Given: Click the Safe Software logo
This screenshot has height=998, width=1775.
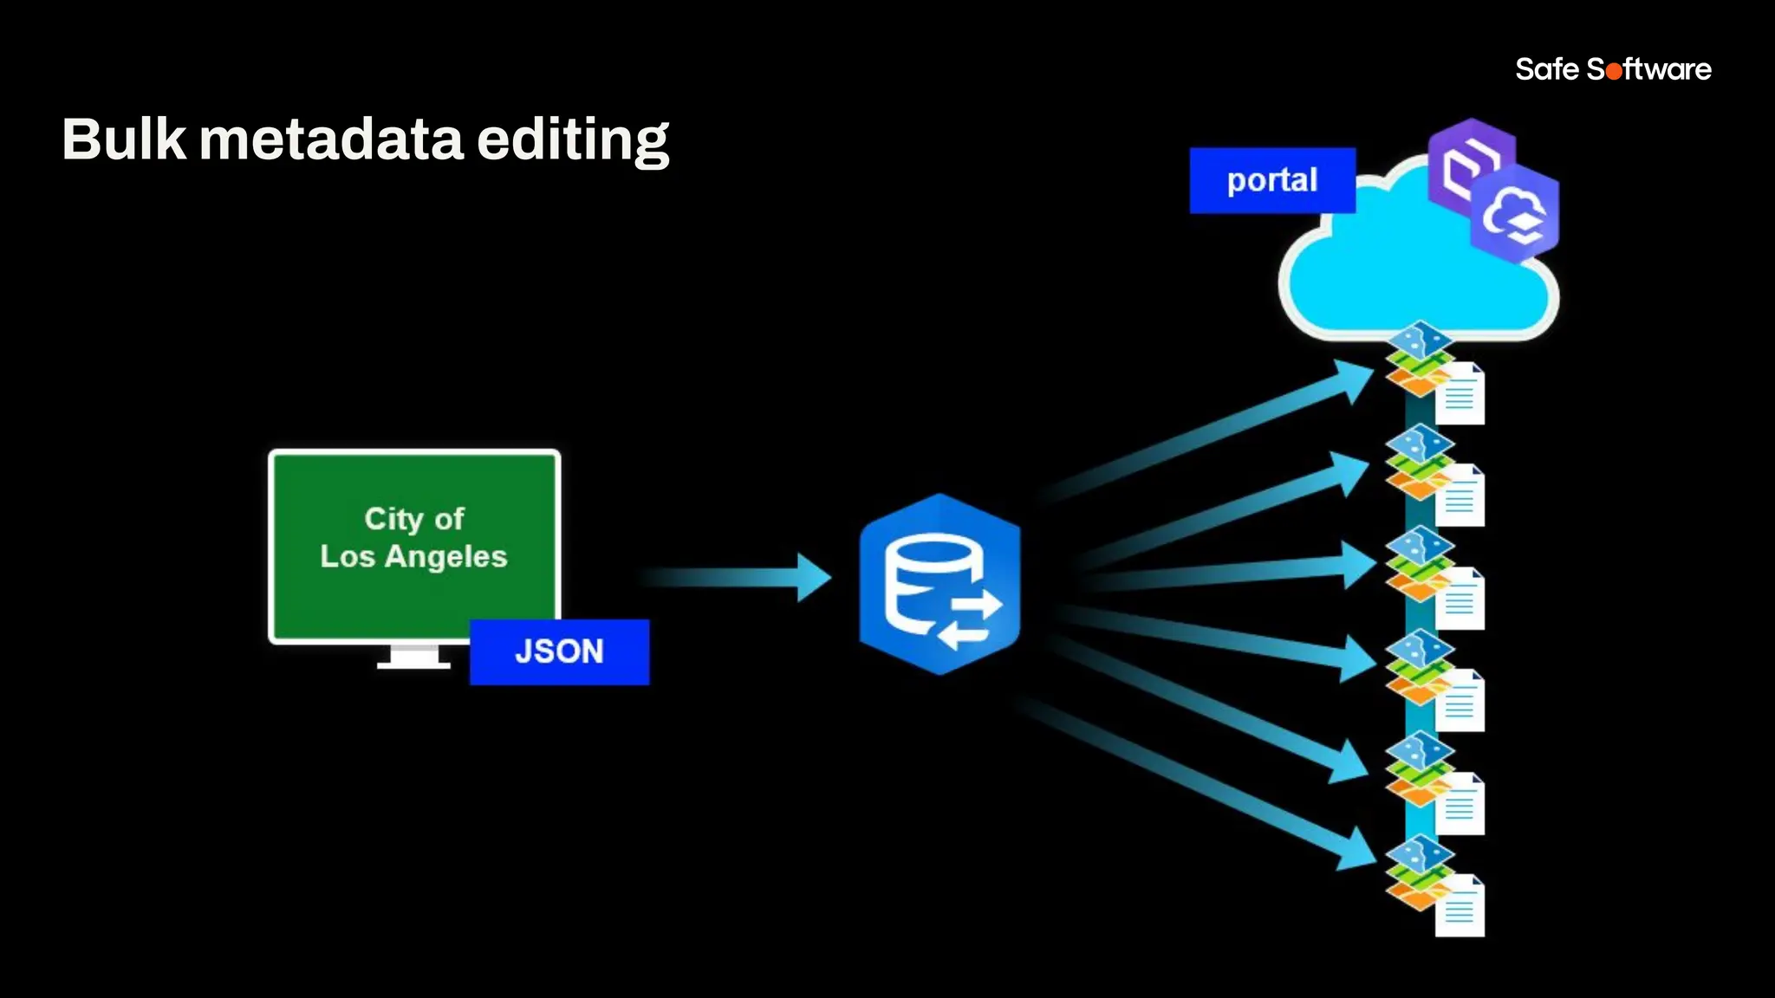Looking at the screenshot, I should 1613,69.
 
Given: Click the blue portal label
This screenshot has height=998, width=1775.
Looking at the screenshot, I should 1271,180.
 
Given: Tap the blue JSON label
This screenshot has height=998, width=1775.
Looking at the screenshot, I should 559,651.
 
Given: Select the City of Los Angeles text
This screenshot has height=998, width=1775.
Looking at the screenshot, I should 413,537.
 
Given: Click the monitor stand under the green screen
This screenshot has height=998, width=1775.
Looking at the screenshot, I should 413,658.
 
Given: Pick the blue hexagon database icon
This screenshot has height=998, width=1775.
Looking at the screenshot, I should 940,583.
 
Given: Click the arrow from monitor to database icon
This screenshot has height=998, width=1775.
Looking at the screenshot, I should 737,577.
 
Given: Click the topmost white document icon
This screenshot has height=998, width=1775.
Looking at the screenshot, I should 1460,394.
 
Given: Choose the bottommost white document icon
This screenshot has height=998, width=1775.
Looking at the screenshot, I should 1460,906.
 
